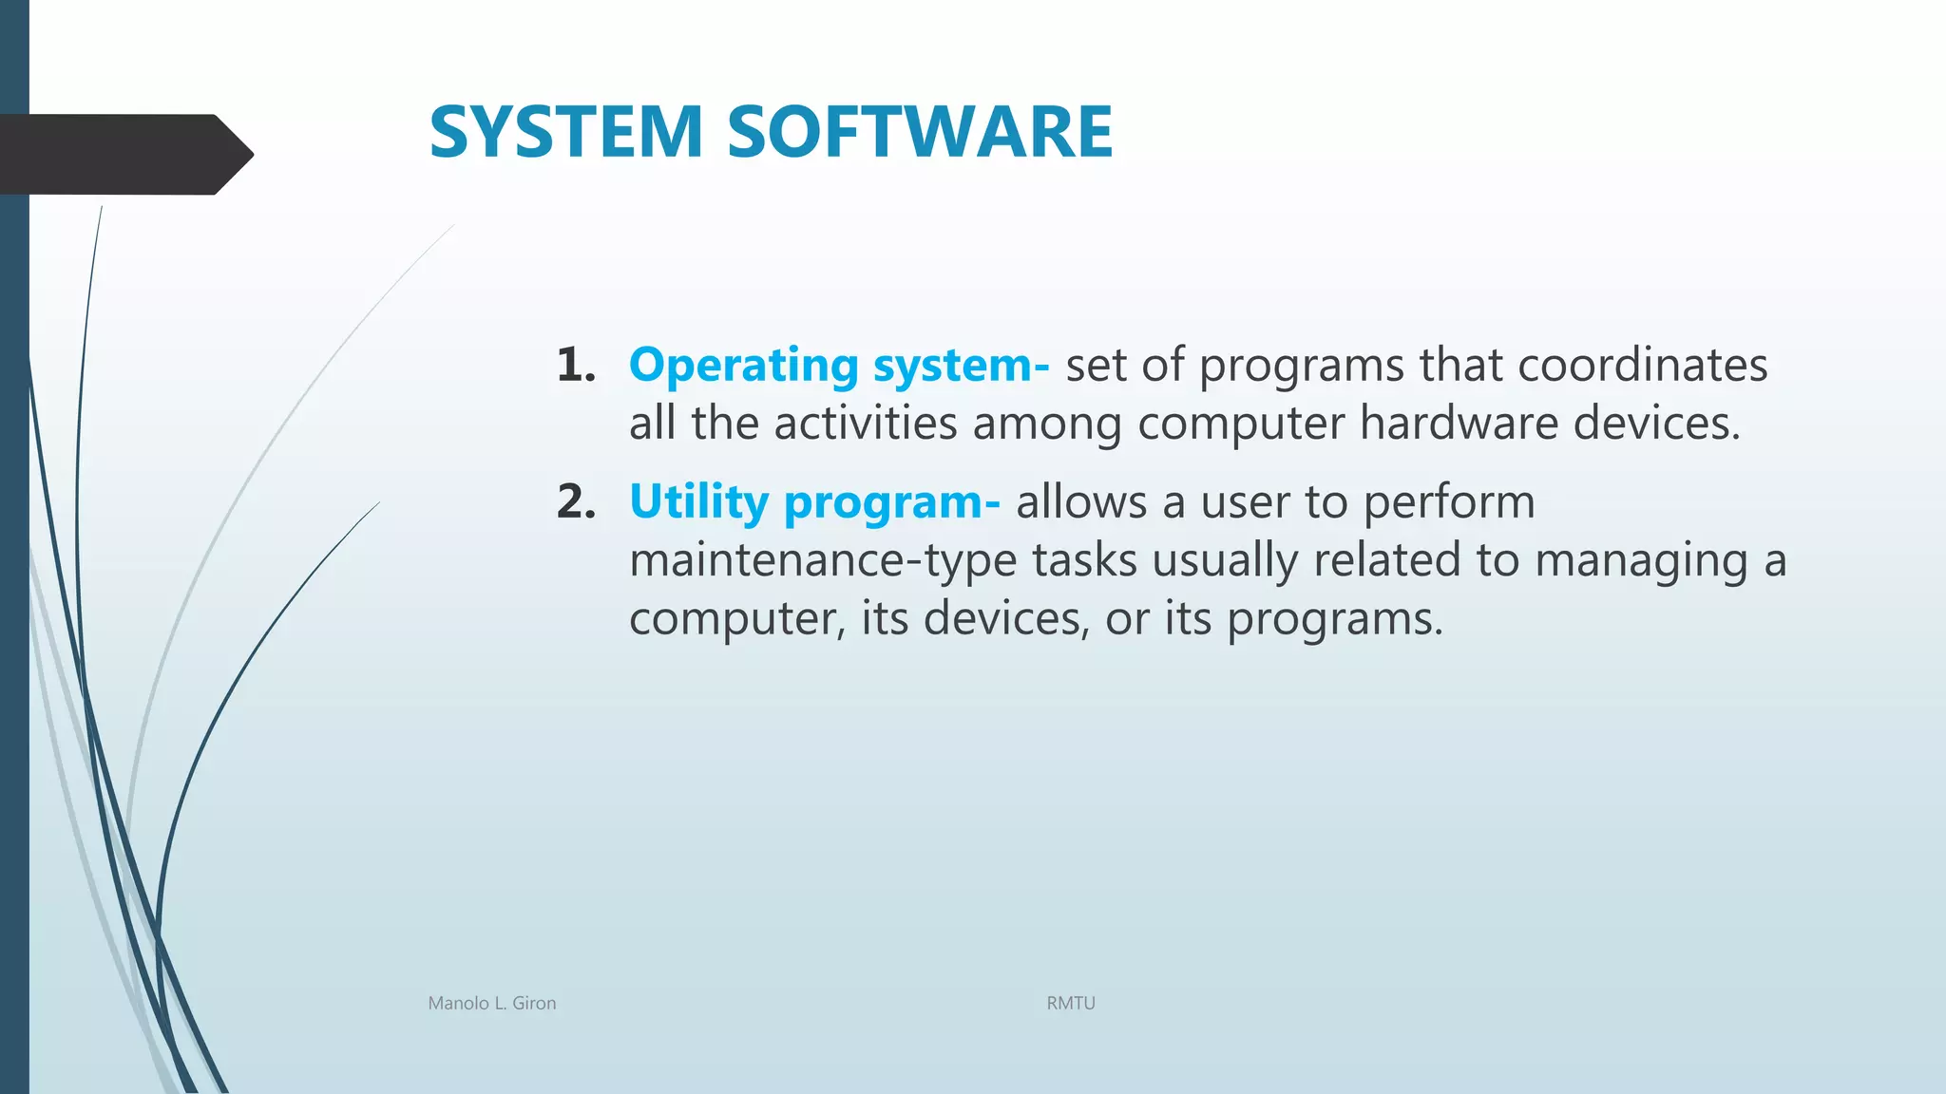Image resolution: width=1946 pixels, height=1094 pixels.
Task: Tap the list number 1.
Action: tap(575, 366)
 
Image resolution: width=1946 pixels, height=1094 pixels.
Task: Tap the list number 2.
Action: tap(576, 502)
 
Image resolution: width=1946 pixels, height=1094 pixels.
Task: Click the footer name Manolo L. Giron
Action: tap(492, 1003)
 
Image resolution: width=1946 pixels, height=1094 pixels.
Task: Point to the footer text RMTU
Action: tap(1071, 1003)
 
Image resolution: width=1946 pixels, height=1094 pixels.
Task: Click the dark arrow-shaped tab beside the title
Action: tap(124, 154)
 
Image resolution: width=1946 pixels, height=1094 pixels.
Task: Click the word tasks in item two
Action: tap(1084, 560)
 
